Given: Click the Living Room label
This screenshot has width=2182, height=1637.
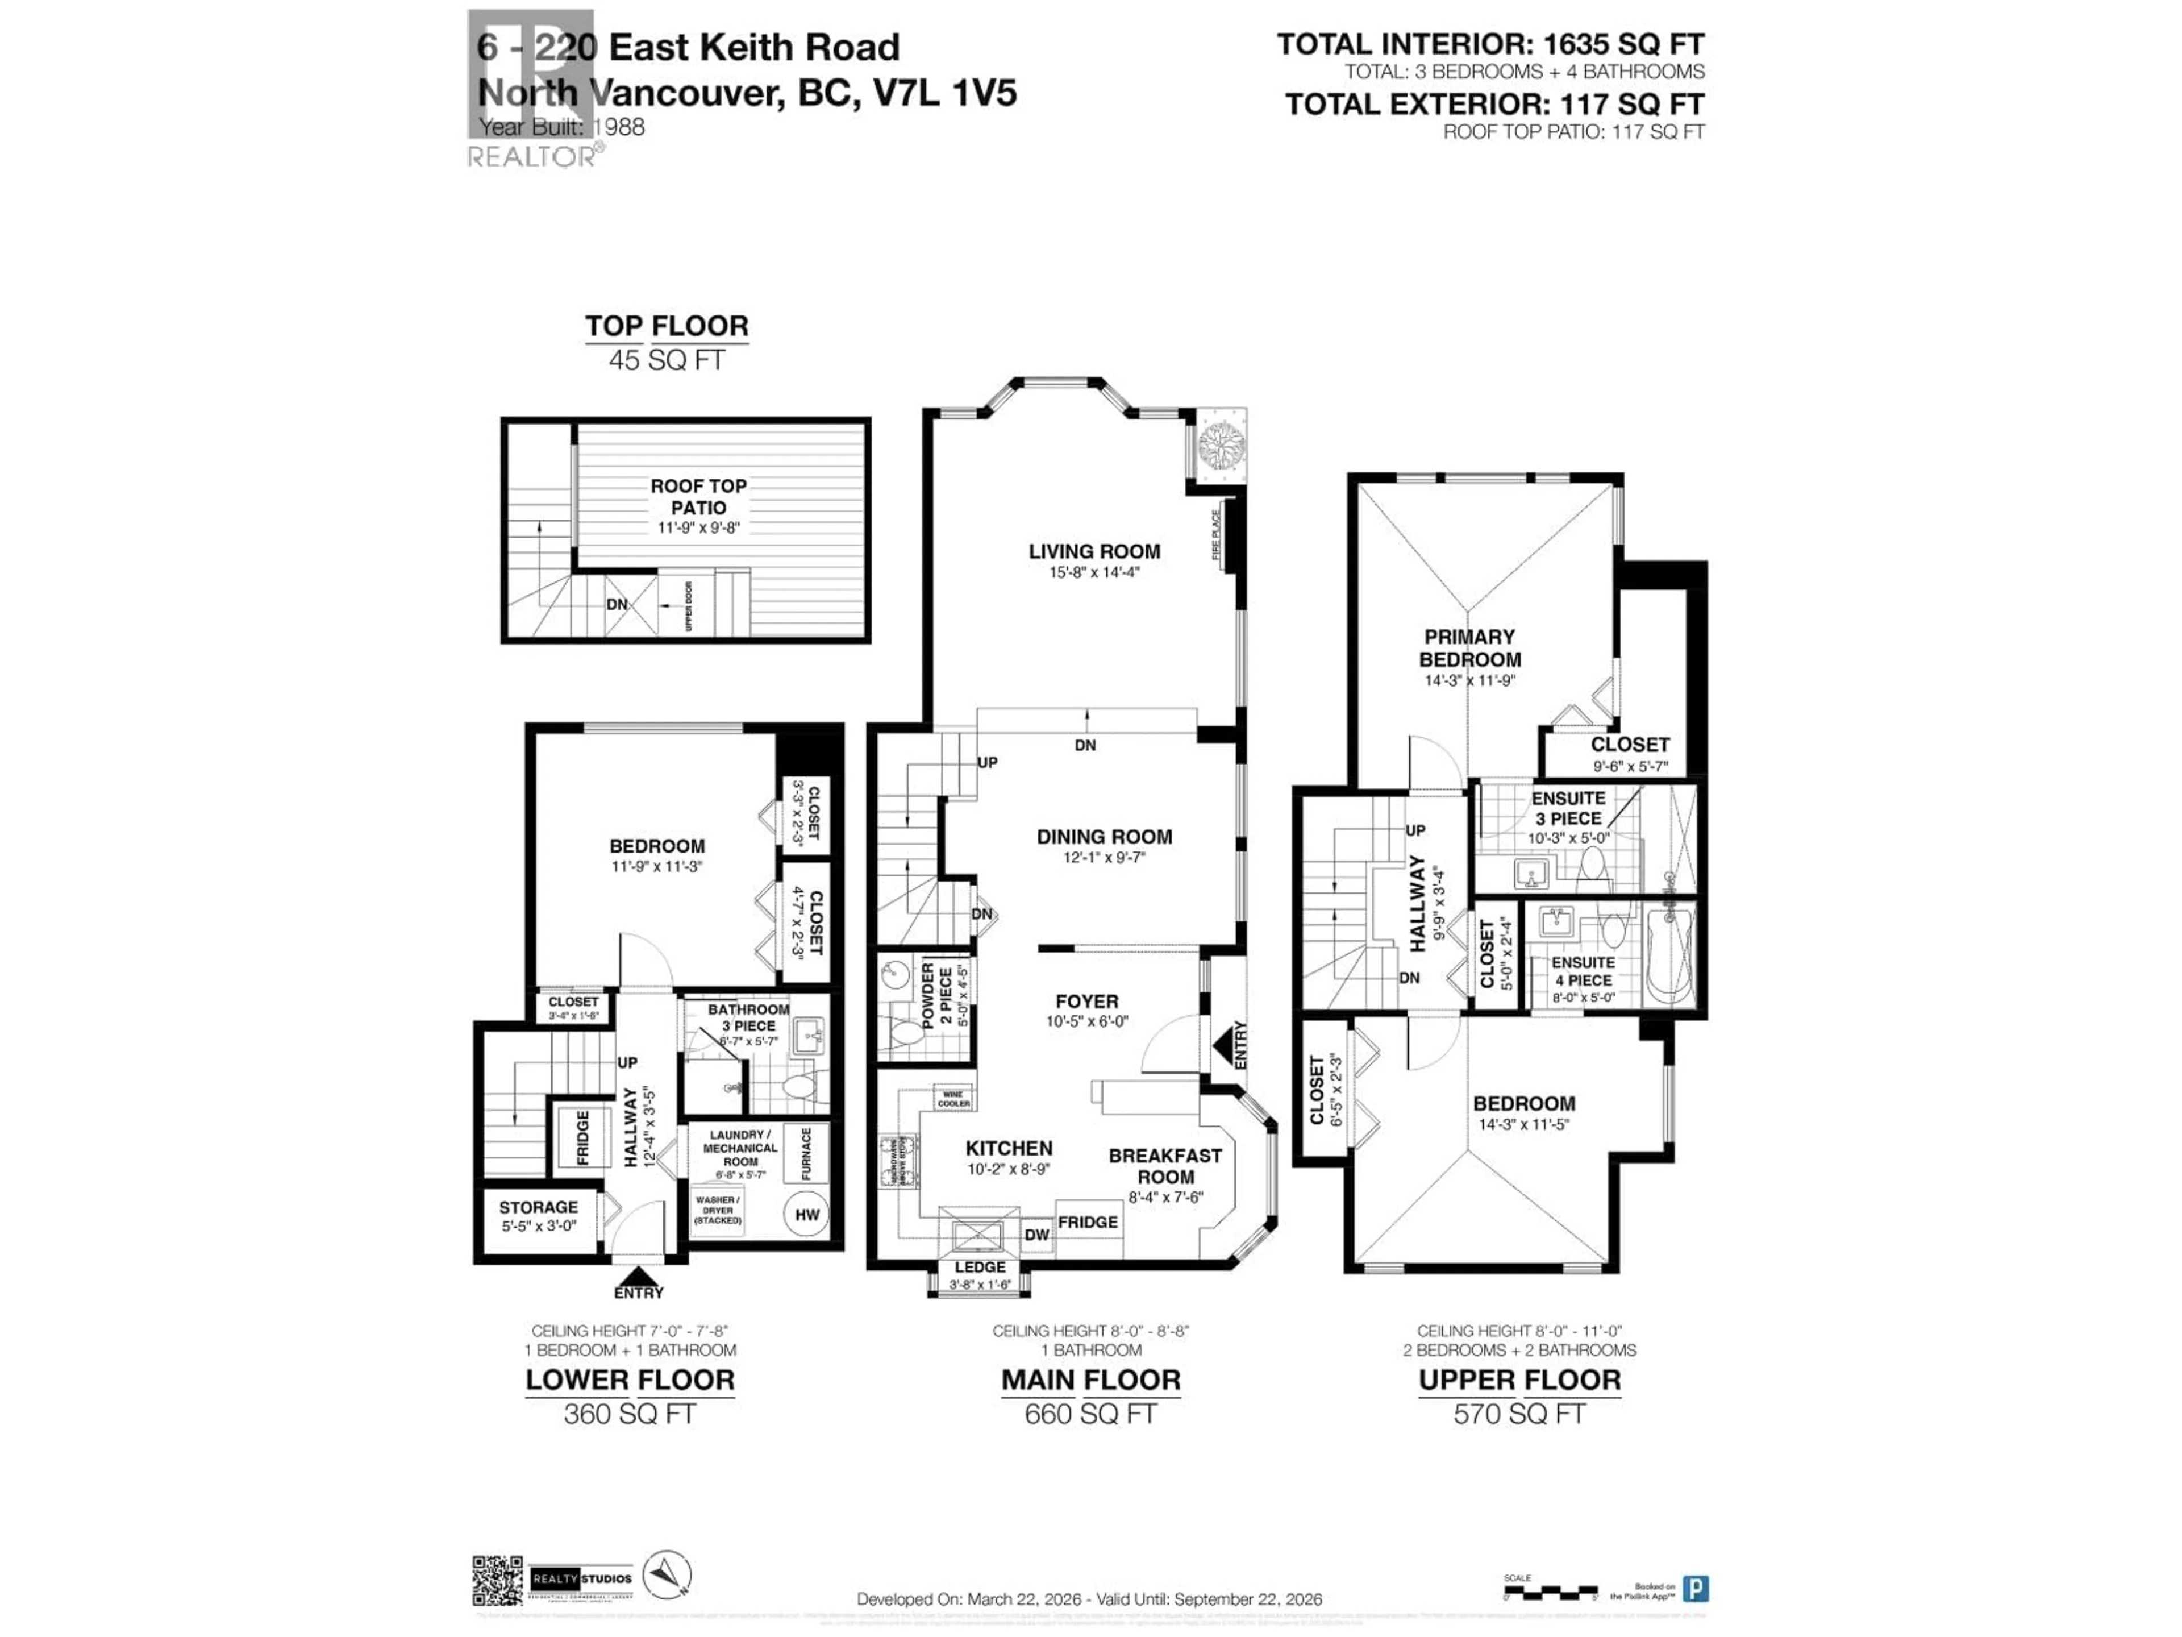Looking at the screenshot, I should [1094, 551].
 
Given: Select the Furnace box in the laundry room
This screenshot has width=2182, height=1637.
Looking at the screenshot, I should [806, 1153].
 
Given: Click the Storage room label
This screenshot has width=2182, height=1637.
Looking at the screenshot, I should [538, 1207].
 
